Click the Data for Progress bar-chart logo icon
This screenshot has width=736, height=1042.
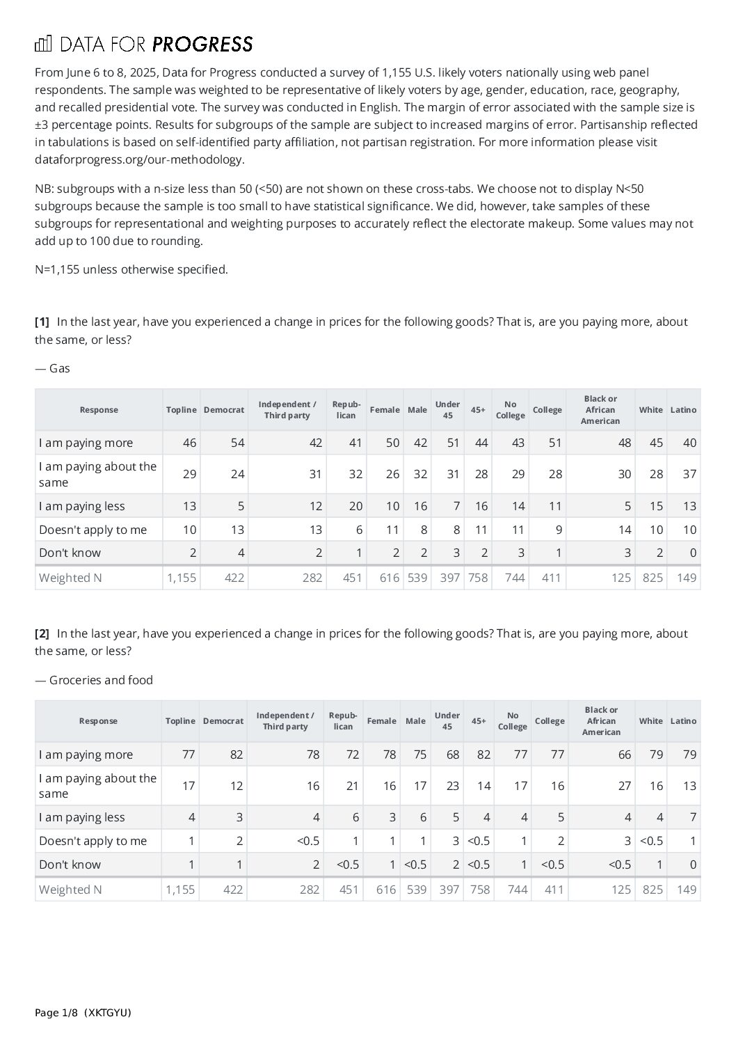pos(43,45)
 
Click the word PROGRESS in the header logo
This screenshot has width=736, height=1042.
pos(202,45)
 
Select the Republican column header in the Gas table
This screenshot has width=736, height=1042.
pos(346,410)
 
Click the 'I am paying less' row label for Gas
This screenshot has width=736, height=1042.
pos(82,506)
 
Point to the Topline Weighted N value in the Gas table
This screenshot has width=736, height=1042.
pos(181,578)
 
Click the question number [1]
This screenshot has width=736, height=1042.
pos(42,322)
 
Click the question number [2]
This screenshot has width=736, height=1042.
pos(42,633)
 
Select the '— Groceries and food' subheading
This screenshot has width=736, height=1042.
pos(94,680)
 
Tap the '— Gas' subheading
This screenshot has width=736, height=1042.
pos(53,368)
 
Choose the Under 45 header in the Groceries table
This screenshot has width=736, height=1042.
pos(447,721)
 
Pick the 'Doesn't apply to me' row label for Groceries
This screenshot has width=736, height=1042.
pos(93,841)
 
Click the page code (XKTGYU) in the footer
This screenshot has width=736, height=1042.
pos(107,1013)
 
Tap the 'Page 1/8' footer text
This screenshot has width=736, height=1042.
pos(56,1013)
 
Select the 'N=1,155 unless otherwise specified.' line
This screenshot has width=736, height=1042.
pos(131,269)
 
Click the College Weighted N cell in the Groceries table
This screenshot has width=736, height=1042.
pos(550,890)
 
